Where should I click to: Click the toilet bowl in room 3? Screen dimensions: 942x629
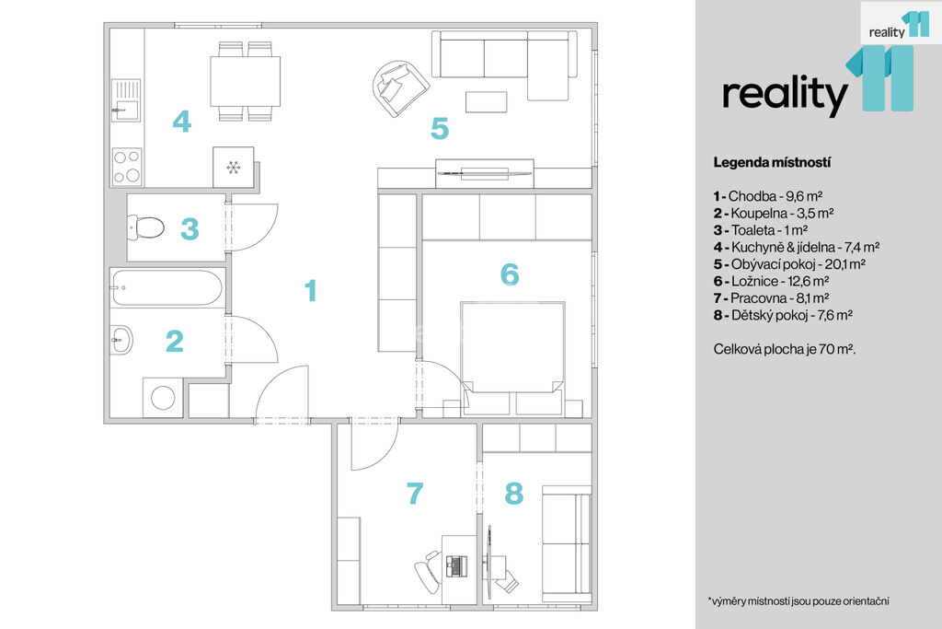click(146, 227)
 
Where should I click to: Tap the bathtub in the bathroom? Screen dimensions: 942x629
click(167, 288)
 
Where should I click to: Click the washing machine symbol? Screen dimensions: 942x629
click(163, 398)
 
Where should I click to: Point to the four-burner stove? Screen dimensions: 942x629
click(127, 167)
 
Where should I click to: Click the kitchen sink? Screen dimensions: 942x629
click(125, 99)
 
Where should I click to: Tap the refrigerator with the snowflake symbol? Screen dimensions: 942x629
click(234, 168)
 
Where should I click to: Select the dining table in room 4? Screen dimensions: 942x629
click(245, 81)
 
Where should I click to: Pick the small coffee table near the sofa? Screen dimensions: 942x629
click(486, 101)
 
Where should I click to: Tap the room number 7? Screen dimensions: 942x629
click(415, 494)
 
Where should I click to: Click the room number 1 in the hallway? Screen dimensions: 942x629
click(311, 290)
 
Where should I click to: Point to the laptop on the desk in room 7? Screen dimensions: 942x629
click(456, 565)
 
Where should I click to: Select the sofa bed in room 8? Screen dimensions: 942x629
click(567, 543)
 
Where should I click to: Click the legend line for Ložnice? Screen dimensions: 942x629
click(772, 281)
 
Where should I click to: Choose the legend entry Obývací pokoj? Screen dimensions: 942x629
click(789, 264)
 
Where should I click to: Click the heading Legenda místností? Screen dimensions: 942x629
click(772, 162)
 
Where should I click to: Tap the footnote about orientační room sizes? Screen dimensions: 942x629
click(798, 600)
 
